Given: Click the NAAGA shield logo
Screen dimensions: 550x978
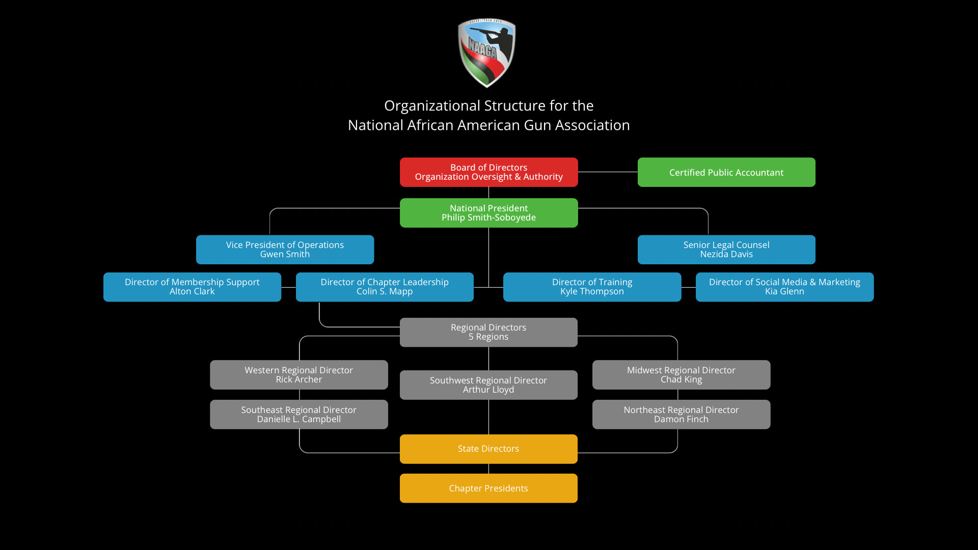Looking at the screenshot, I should [x=487, y=53].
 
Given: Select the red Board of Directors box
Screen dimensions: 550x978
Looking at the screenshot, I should [x=488, y=172].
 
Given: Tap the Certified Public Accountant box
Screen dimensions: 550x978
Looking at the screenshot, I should [x=726, y=172].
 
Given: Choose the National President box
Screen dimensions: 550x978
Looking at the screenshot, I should [x=488, y=213].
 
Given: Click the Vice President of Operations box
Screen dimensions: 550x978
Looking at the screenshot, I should [x=285, y=250].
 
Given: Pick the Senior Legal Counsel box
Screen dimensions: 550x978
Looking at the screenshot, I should [x=726, y=250].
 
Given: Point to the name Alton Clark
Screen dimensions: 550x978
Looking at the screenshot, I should [x=192, y=291].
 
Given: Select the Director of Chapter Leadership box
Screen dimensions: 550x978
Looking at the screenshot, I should [x=385, y=287].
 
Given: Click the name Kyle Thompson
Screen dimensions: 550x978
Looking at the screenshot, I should [x=592, y=291].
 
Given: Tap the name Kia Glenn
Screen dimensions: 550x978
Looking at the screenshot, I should [x=784, y=291].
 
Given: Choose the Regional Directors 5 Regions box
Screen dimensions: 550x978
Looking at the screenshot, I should [x=488, y=332].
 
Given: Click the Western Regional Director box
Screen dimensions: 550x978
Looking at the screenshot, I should [x=299, y=375].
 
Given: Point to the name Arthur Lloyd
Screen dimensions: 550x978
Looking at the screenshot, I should [x=488, y=390].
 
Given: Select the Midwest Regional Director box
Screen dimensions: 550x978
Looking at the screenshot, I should [x=681, y=375].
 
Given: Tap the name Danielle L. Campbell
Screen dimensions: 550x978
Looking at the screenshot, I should [x=299, y=419].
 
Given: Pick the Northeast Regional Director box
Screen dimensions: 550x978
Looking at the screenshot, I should [x=681, y=415].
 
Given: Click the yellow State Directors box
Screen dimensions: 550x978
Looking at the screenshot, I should [x=488, y=449].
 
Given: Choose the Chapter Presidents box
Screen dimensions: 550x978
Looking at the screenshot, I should [x=488, y=488].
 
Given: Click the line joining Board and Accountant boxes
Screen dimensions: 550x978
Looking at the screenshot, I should [x=608, y=172].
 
